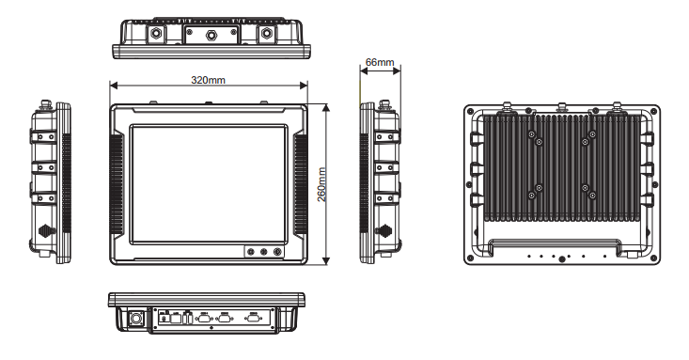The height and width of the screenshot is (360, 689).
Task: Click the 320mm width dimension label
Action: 208,80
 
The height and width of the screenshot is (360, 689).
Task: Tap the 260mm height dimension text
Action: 321,184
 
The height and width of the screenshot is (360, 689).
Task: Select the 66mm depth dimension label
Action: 380,62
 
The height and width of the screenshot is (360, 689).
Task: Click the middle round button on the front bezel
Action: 263,252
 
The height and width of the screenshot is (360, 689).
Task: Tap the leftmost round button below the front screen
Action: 250,252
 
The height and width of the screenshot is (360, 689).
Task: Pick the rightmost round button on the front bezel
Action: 277,252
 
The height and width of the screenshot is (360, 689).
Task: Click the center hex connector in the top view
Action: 211,34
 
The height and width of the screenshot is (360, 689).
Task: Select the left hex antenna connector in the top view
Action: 155,34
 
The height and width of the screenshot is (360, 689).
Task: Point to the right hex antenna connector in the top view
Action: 266,34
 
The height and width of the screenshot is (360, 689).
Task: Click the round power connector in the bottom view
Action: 135,319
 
